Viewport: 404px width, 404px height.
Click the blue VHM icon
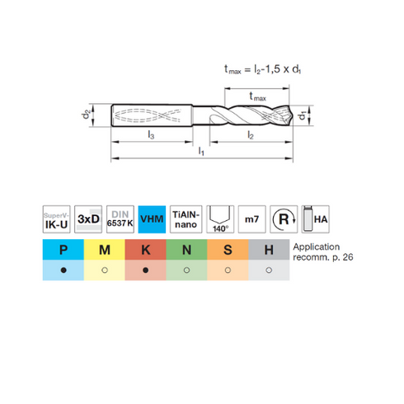152,219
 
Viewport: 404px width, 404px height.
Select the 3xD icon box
88,219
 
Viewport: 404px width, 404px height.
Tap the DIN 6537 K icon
120,219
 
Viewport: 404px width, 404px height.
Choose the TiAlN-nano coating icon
186,219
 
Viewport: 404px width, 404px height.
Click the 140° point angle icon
220,219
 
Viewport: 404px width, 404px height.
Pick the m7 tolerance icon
251,219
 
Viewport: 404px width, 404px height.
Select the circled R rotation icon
284,219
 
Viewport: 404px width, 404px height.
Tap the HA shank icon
316,219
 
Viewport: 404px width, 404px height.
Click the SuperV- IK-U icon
56,219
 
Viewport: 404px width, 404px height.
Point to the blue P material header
63,250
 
